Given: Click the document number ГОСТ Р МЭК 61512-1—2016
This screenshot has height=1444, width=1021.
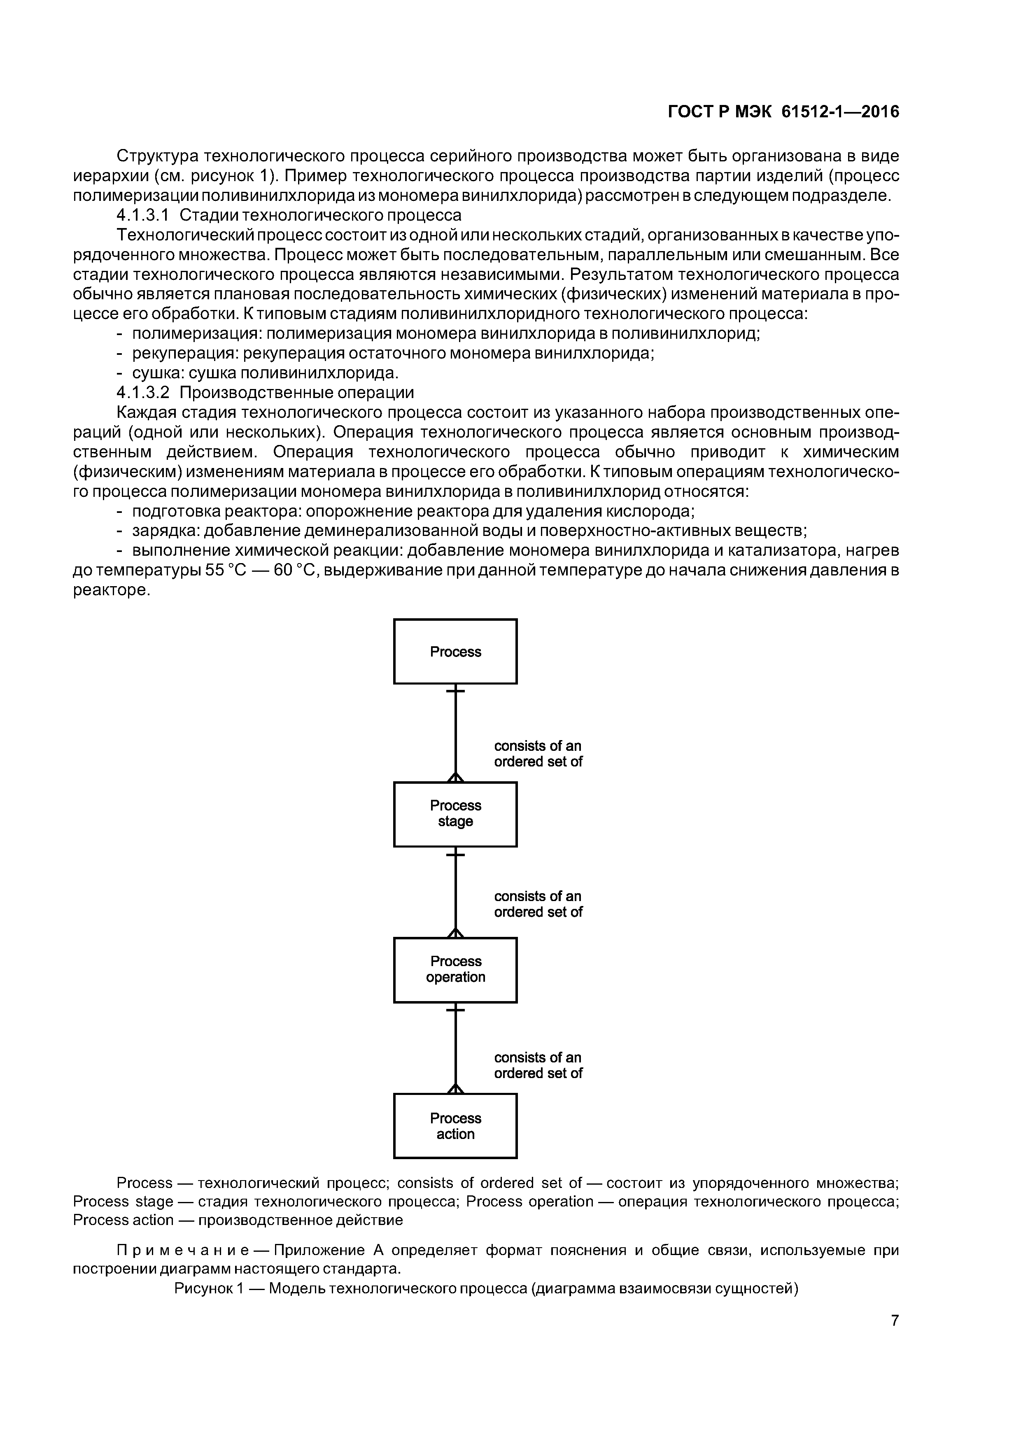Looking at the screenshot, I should pos(783,112).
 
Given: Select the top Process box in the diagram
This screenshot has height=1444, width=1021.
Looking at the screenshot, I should pos(455,652).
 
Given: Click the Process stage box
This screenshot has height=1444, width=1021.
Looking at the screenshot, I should pos(455,814).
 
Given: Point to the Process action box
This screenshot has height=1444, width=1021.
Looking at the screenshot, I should pos(455,1126).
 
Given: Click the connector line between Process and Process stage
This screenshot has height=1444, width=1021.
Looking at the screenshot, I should pos(455,733).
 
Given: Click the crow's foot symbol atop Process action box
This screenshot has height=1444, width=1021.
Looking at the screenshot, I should pos(455,1089).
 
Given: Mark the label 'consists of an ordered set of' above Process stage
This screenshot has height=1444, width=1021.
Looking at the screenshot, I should pos(538,753).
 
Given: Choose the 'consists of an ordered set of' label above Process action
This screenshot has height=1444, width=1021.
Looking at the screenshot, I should pos(538,1065).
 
